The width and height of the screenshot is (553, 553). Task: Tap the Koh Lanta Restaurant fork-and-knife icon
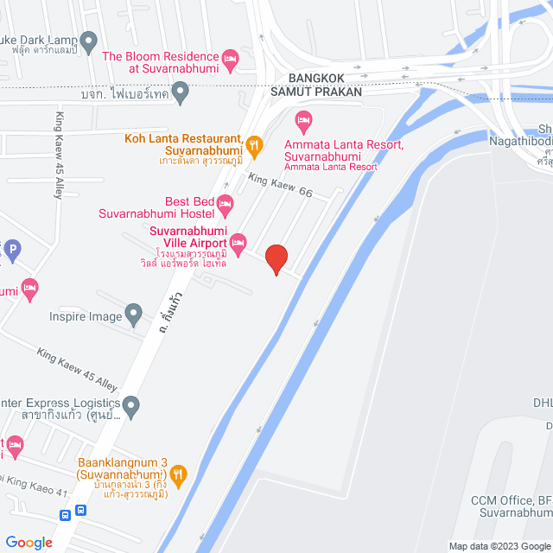(254, 144)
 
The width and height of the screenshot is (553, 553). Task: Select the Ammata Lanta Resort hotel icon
(302, 119)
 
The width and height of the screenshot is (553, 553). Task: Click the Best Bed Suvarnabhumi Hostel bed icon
(225, 206)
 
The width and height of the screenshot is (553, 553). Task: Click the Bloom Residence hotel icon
(230, 60)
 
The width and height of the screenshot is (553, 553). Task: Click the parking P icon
(11, 251)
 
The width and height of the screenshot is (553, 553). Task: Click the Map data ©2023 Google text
(499, 545)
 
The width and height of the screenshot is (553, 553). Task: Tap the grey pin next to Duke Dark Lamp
(88, 39)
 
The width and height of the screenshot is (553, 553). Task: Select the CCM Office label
(510, 501)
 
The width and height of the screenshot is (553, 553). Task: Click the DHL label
(543, 404)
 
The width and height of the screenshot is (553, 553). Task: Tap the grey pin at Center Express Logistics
(130, 404)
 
